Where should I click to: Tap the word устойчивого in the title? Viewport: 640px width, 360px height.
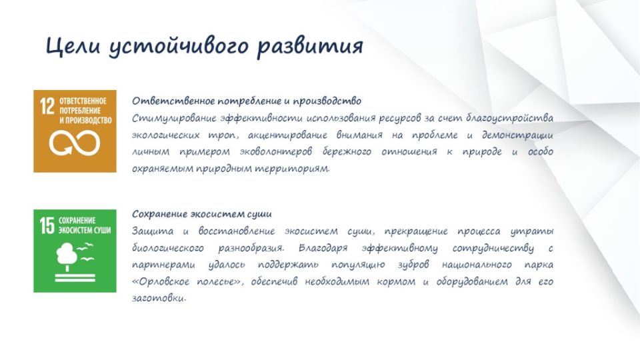(179, 46)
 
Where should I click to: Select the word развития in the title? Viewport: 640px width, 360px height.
(310, 46)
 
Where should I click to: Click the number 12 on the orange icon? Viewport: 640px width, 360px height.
(47, 107)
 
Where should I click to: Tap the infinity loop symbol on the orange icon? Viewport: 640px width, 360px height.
(74, 143)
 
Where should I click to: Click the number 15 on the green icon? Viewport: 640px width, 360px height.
(47, 226)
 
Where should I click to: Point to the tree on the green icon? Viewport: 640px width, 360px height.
(66, 256)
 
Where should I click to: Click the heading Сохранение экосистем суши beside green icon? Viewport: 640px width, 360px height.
(201, 214)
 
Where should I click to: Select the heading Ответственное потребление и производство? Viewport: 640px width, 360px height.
(247, 101)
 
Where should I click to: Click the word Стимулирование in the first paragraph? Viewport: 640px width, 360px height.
(174, 119)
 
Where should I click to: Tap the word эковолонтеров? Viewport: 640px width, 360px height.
(276, 152)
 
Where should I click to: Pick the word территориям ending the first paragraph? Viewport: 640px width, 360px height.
(292, 169)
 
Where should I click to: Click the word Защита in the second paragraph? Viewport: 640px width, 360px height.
(152, 231)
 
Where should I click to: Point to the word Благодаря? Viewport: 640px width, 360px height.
(323, 248)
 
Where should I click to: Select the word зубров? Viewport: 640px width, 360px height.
(413, 265)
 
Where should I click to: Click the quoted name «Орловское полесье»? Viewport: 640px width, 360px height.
(188, 281)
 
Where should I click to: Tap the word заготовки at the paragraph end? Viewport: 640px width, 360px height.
(159, 299)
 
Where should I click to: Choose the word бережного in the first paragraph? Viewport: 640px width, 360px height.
(347, 152)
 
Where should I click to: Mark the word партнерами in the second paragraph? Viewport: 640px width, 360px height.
(164, 265)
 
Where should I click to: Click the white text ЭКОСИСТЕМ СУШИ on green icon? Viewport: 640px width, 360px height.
(85, 230)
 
